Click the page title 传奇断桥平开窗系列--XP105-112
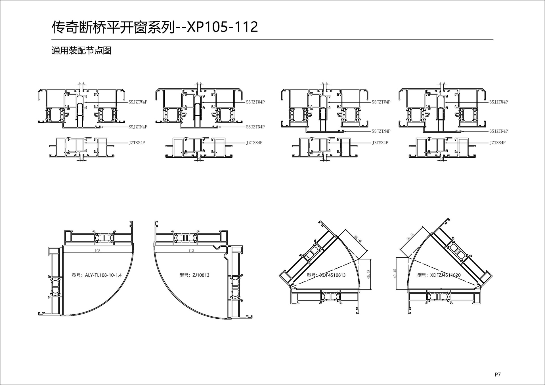coord(155,27)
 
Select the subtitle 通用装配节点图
coord(81,51)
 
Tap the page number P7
coord(498,375)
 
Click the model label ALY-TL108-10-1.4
coord(97,275)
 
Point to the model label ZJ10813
coord(194,275)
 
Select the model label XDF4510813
coord(326,275)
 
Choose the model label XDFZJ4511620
coord(439,275)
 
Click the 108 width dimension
coord(97,251)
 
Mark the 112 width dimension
coord(191,251)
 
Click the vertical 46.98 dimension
coord(369,274)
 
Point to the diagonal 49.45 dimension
coord(410,237)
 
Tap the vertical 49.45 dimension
coord(395,274)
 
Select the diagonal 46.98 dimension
coord(358,239)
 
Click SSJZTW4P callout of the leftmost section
coord(138,102)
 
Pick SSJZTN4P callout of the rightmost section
coord(498,131)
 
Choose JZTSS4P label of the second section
coord(254,143)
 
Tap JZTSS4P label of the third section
coord(380,143)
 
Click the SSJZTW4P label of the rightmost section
coord(498,102)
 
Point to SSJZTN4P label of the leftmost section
coord(138,127)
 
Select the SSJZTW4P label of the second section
coord(255,102)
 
